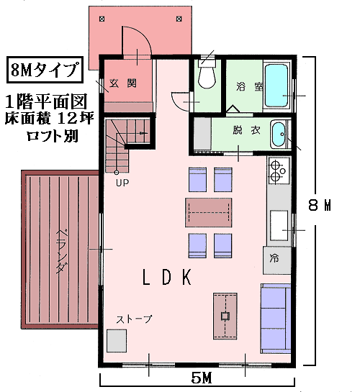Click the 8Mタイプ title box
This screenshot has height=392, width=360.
(x=45, y=70)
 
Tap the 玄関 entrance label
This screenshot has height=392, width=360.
(x=123, y=83)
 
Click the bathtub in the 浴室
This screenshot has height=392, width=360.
(x=276, y=86)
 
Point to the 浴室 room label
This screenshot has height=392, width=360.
(x=249, y=86)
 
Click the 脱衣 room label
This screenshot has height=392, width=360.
(x=246, y=130)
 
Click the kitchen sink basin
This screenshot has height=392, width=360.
(x=279, y=226)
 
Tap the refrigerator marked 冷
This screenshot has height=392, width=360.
(x=277, y=260)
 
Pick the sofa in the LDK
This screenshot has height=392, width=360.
(x=276, y=319)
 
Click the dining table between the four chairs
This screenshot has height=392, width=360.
(x=208, y=212)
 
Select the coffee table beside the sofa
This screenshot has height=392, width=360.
(x=225, y=316)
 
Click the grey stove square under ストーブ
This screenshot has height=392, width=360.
(x=117, y=341)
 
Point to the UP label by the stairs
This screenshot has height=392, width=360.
(x=122, y=183)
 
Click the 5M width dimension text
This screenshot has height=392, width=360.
(x=202, y=378)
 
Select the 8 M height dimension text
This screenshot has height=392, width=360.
(x=320, y=205)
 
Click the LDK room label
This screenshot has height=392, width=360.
(x=167, y=277)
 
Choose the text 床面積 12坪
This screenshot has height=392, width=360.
(x=50, y=118)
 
